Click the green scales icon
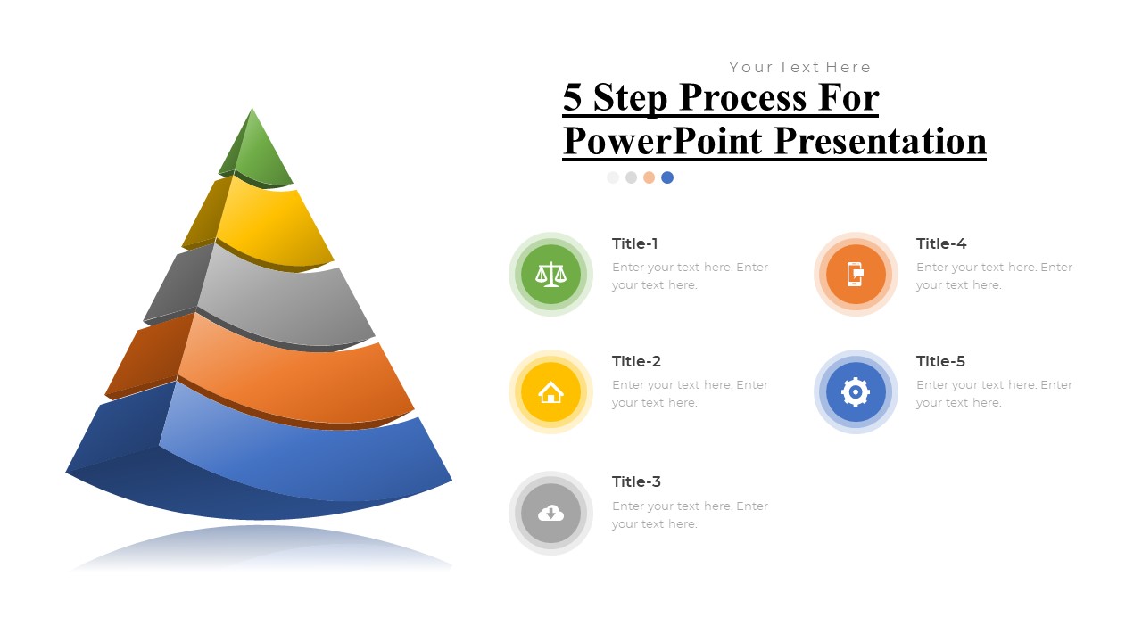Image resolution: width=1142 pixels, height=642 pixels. [550, 274]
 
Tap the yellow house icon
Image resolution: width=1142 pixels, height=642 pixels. [550, 391]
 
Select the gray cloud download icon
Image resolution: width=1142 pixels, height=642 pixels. [550, 513]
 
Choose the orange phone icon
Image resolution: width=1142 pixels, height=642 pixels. [855, 274]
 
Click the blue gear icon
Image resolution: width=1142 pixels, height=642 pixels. [855, 391]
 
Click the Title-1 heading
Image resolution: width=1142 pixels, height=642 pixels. [635, 243]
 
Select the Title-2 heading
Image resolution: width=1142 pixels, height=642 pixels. [636, 361]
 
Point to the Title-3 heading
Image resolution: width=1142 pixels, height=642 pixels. [636, 481]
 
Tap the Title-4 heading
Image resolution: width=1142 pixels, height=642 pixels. [941, 243]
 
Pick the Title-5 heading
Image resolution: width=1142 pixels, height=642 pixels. [940, 361]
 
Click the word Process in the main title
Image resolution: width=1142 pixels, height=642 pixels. [722, 97]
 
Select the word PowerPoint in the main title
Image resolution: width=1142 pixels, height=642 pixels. [663, 141]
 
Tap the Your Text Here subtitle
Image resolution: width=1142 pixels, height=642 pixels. [799, 67]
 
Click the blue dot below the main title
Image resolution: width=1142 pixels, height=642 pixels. [667, 177]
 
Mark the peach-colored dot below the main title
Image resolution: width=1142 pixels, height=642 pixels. [650, 177]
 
